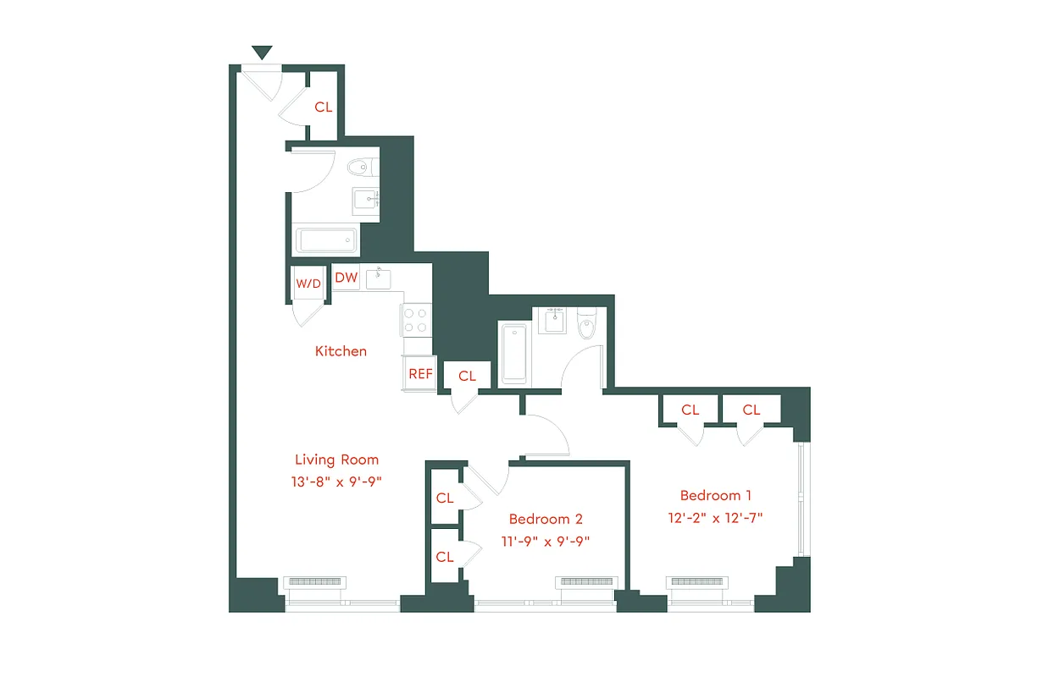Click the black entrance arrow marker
pyautogui.click(x=263, y=52)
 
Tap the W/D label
pyautogui.click(x=308, y=283)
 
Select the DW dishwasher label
pyautogui.click(x=346, y=277)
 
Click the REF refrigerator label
pyautogui.click(x=420, y=373)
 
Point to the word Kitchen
pyautogui.click(x=341, y=350)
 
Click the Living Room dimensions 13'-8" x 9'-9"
pyautogui.click(x=336, y=482)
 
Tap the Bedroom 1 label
pyautogui.click(x=716, y=495)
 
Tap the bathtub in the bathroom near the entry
pyautogui.click(x=327, y=239)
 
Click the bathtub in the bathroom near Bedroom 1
pyautogui.click(x=514, y=353)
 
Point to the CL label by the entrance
pyautogui.click(x=324, y=107)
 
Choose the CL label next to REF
pyautogui.click(x=467, y=377)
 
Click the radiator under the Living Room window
pyautogui.click(x=315, y=582)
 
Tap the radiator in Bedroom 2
pyautogui.click(x=585, y=582)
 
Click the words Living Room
pyautogui.click(x=336, y=460)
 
